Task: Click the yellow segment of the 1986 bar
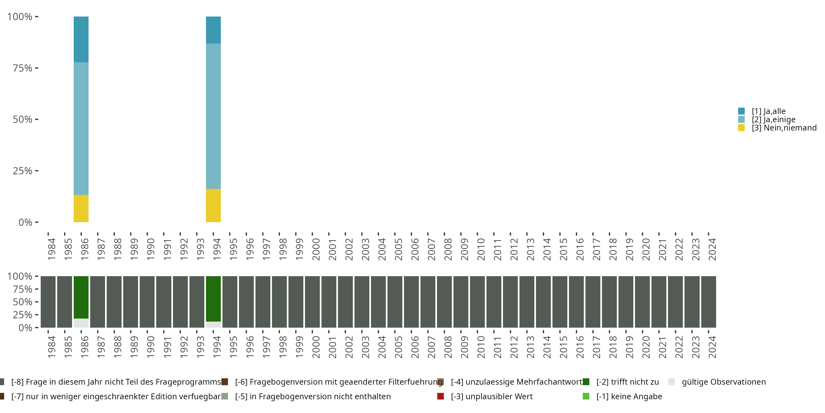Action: (x=81, y=208)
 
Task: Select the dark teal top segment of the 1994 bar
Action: (x=213, y=30)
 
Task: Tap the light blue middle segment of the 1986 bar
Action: (x=81, y=128)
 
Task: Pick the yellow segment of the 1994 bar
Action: (x=213, y=205)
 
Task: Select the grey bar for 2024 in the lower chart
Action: (x=708, y=302)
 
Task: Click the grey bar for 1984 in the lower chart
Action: (x=48, y=302)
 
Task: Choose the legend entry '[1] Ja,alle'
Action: (x=768, y=111)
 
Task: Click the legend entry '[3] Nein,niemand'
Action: (x=784, y=128)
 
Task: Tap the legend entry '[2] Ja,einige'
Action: (x=773, y=119)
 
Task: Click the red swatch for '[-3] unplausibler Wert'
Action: (x=440, y=396)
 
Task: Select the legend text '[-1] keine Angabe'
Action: (x=629, y=396)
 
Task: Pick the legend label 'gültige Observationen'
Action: (x=724, y=382)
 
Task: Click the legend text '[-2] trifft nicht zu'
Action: (x=627, y=382)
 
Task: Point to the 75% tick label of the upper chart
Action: (x=23, y=68)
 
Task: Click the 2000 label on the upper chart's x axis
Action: (x=316, y=249)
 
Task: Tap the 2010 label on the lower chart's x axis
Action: (x=481, y=347)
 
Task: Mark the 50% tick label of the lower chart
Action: (x=23, y=302)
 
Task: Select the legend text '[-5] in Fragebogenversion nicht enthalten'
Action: (x=313, y=396)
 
